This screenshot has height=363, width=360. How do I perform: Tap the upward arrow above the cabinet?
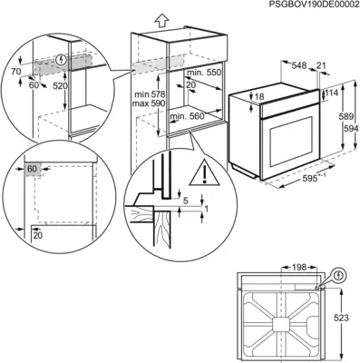pos(161,18)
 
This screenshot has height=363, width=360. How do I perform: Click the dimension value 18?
pos(259,96)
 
